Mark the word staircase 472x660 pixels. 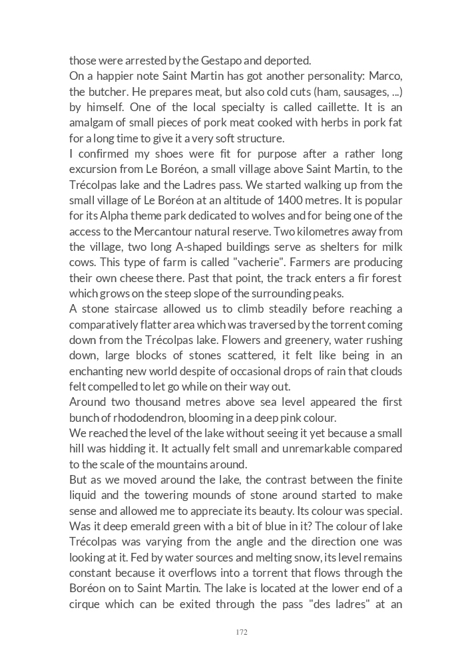pyautogui.click(x=150, y=309)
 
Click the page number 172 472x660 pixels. pyautogui.click(x=242, y=632)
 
